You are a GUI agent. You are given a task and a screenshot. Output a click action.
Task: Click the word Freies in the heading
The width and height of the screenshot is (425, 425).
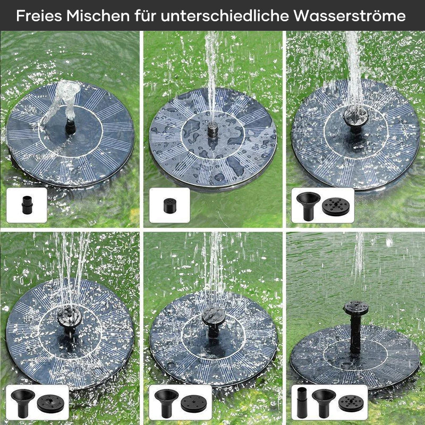tap(39, 16)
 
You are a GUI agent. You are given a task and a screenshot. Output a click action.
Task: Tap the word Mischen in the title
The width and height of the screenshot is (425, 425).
tap(98, 16)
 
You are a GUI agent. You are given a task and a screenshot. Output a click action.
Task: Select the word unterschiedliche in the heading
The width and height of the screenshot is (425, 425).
tap(225, 16)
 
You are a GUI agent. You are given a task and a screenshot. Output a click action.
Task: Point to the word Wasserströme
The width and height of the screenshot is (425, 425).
tap(350, 16)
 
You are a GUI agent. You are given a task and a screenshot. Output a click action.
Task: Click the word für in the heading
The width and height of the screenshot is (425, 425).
tap(146, 16)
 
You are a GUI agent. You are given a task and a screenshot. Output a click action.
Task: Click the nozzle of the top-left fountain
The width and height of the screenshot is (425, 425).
tap(70, 127)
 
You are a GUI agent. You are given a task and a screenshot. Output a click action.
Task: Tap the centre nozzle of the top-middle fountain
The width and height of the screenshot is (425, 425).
tap(213, 130)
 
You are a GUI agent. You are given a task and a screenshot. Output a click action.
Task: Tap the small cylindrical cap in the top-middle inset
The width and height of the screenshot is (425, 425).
tap(169, 206)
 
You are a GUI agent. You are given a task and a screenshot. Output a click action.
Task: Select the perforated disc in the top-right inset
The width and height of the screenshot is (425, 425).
tap(336, 207)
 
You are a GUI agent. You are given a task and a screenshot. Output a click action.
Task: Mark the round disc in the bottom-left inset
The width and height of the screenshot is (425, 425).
tap(50, 404)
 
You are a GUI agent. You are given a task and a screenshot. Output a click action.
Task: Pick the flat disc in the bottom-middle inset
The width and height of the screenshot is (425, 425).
tap(194, 404)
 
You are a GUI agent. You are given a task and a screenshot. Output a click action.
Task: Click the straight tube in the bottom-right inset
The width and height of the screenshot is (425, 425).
tap(302, 403)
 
